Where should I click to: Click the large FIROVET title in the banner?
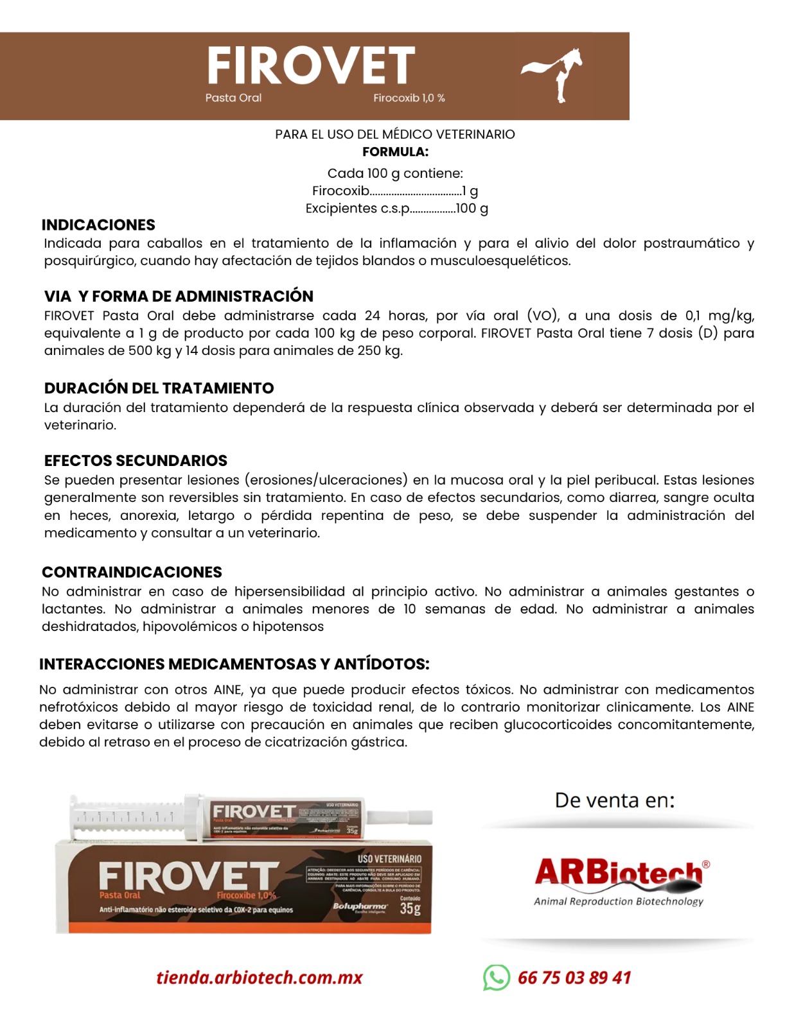[x=311, y=65]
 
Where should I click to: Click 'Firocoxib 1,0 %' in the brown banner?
[x=409, y=98]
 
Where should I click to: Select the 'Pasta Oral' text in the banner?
[x=233, y=98]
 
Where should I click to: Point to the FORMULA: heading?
[x=395, y=152]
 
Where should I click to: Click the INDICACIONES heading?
[x=98, y=225]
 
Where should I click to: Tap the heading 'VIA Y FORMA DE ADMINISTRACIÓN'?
[x=179, y=297]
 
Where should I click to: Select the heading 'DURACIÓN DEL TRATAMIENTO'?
[x=159, y=388]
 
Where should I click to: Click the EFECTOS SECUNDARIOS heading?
[x=136, y=461]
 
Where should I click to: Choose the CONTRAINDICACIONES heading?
[x=132, y=573]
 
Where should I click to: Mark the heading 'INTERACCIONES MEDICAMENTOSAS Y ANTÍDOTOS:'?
[x=234, y=664]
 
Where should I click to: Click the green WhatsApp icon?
[x=496, y=978]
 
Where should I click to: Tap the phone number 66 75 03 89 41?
[x=574, y=978]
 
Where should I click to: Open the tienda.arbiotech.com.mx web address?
[x=259, y=978]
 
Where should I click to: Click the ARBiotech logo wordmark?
[x=619, y=873]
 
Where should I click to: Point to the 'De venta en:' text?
[x=615, y=800]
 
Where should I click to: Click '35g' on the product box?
[x=410, y=909]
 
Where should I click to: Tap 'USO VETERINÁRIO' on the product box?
[x=389, y=859]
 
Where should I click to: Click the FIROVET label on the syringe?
[x=254, y=811]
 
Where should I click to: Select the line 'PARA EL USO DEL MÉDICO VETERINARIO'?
[x=395, y=134]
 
